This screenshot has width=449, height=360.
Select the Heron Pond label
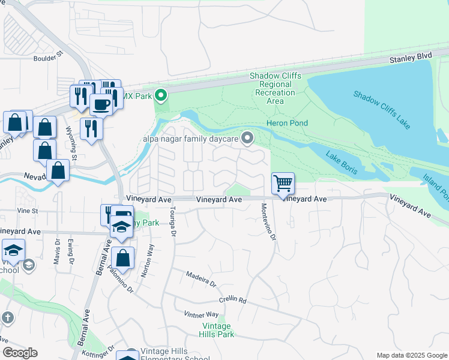point(287,123)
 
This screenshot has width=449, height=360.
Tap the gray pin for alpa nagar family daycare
point(247,139)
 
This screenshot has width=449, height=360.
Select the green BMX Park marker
point(160,95)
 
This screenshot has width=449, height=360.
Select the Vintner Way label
point(204,314)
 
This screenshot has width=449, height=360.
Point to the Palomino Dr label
point(118,281)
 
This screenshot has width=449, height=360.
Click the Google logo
point(20,353)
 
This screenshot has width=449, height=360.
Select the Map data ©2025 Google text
point(412,355)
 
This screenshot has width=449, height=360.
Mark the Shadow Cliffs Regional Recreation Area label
point(274,89)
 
